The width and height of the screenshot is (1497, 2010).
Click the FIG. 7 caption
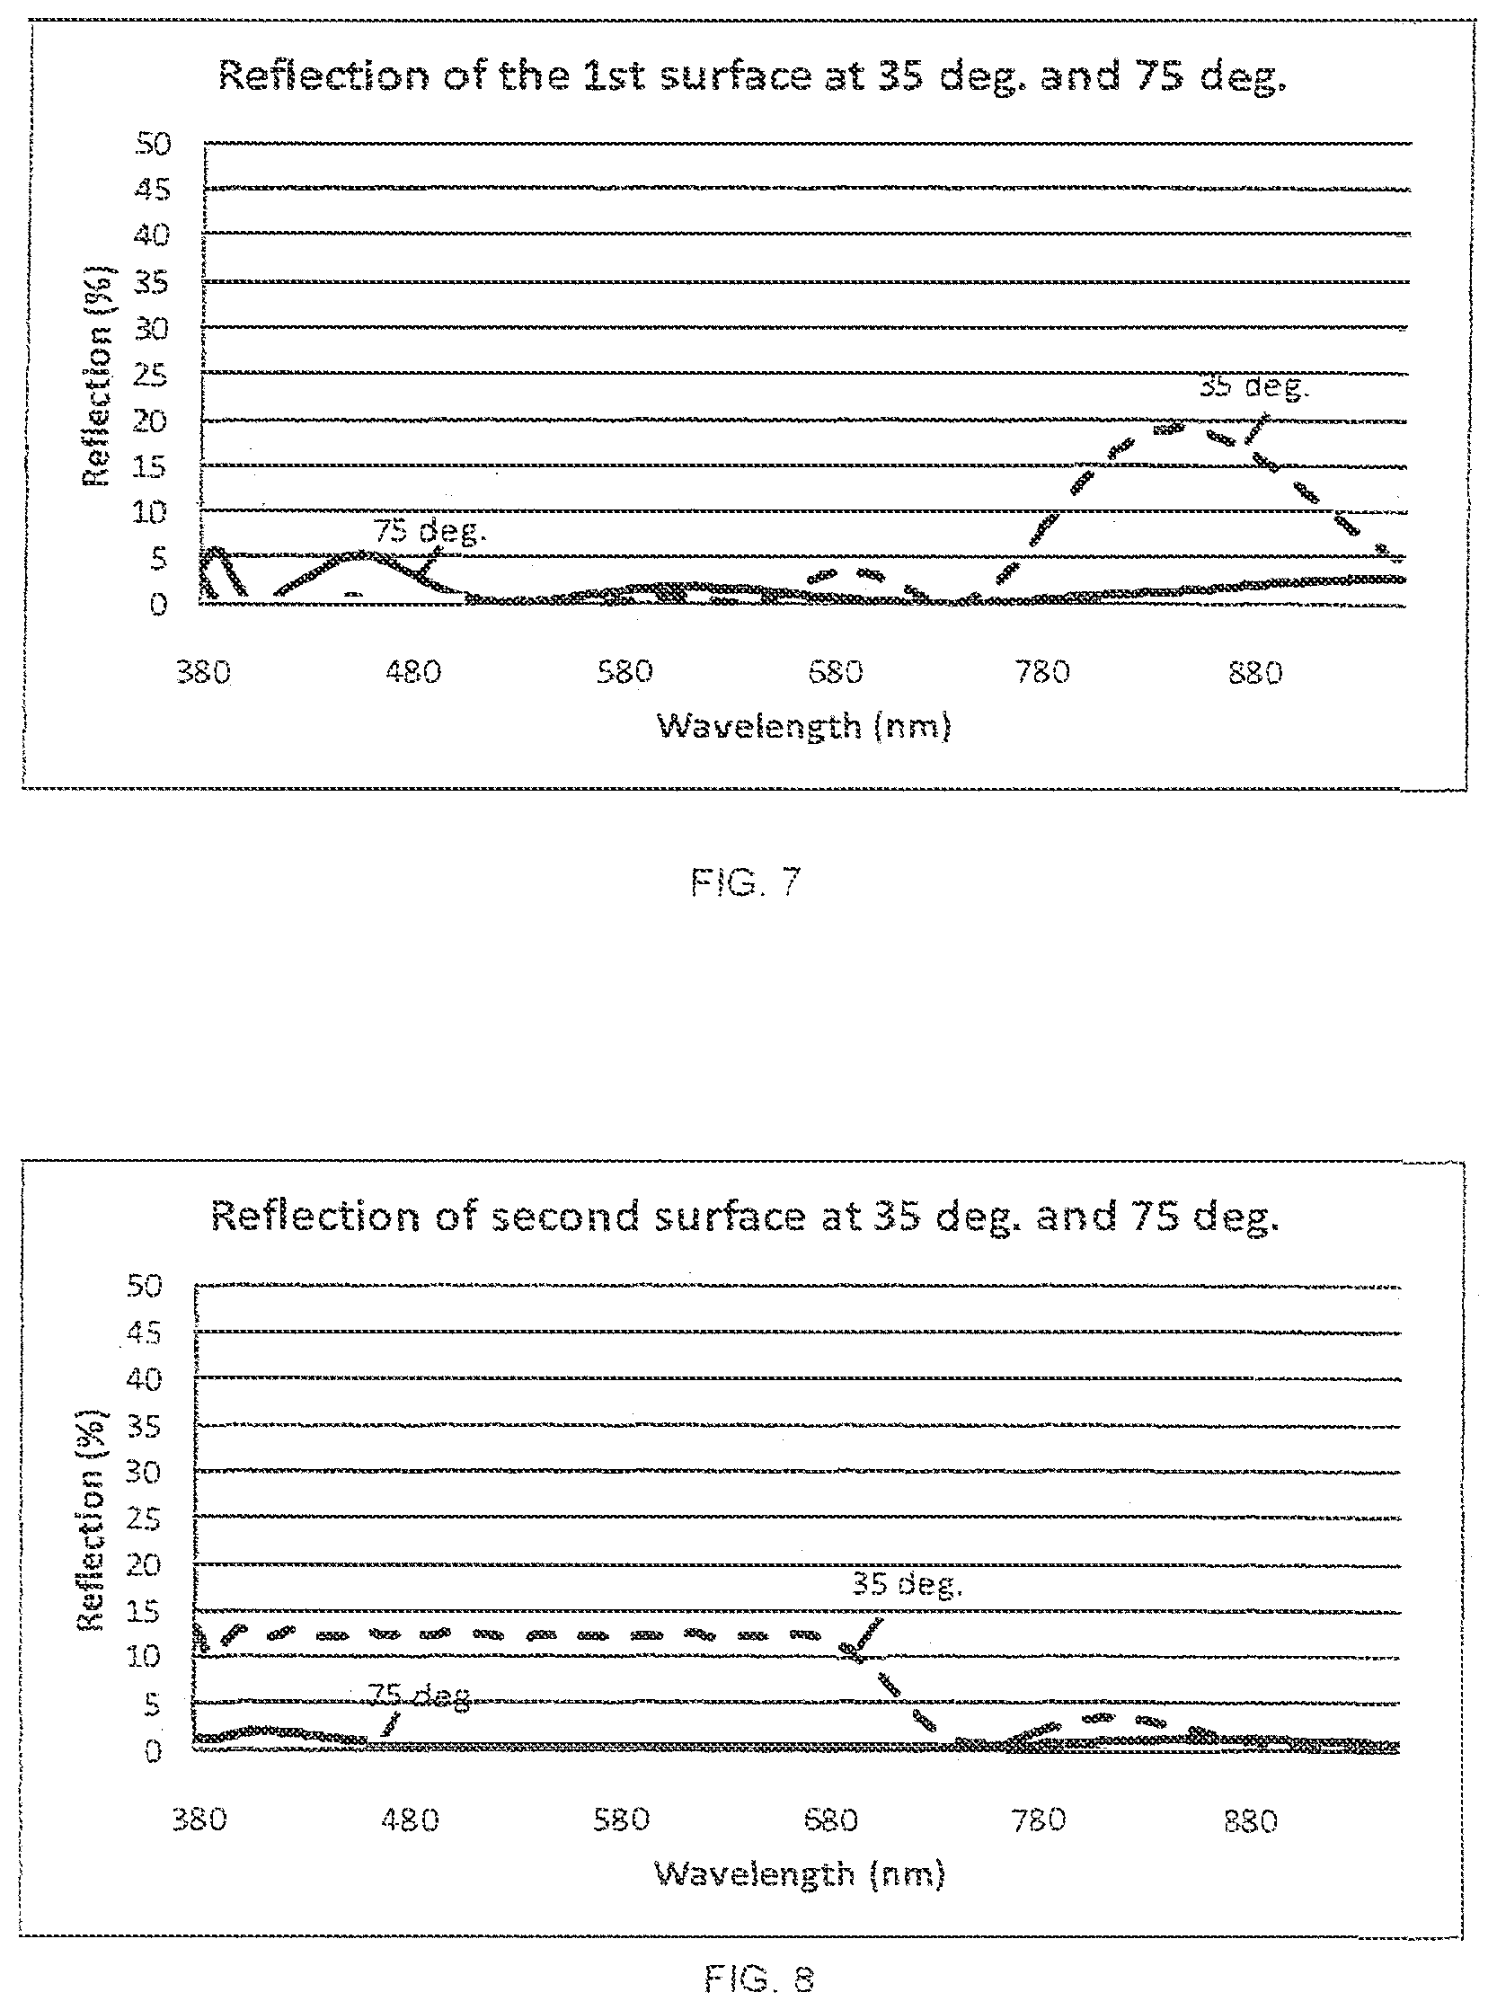point(745,881)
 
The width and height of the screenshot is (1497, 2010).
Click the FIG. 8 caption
point(758,1979)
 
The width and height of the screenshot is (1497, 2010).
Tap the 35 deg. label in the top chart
point(1254,387)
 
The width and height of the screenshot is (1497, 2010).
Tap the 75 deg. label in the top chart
point(430,531)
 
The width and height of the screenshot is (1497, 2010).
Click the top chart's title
point(752,76)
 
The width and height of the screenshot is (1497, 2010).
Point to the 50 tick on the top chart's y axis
point(152,142)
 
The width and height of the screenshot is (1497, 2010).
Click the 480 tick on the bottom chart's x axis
point(410,1819)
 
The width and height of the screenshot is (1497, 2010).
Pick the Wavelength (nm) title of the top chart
point(804,727)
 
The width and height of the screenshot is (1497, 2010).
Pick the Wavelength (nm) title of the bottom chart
point(799,1873)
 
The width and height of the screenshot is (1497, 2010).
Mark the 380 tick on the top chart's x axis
point(204,672)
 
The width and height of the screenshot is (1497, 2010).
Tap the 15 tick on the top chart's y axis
point(152,466)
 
